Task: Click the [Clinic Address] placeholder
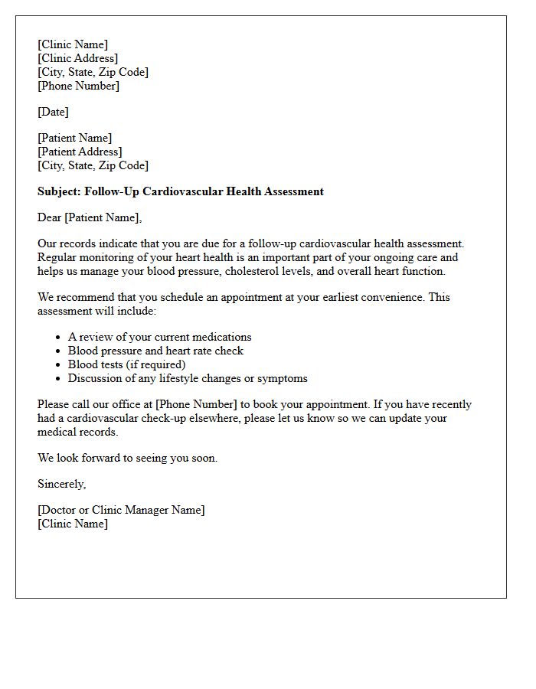[x=77, y=58]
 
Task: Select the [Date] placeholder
[x=53, y=112]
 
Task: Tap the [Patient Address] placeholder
[x=80, y=152]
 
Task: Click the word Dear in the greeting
[x=49, y=217]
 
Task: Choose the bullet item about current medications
[x=159, y=337]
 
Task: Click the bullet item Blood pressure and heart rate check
[x=155, y=351]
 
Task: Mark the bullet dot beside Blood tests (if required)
[x=58, y=365]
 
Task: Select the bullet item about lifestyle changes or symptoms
[x=188, y=378]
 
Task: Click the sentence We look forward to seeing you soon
[x=127, y=458]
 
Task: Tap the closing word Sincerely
[x=61, y=484]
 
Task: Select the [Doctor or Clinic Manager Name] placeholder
[x=121, y=510]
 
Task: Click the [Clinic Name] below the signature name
[x=73, y=524]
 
